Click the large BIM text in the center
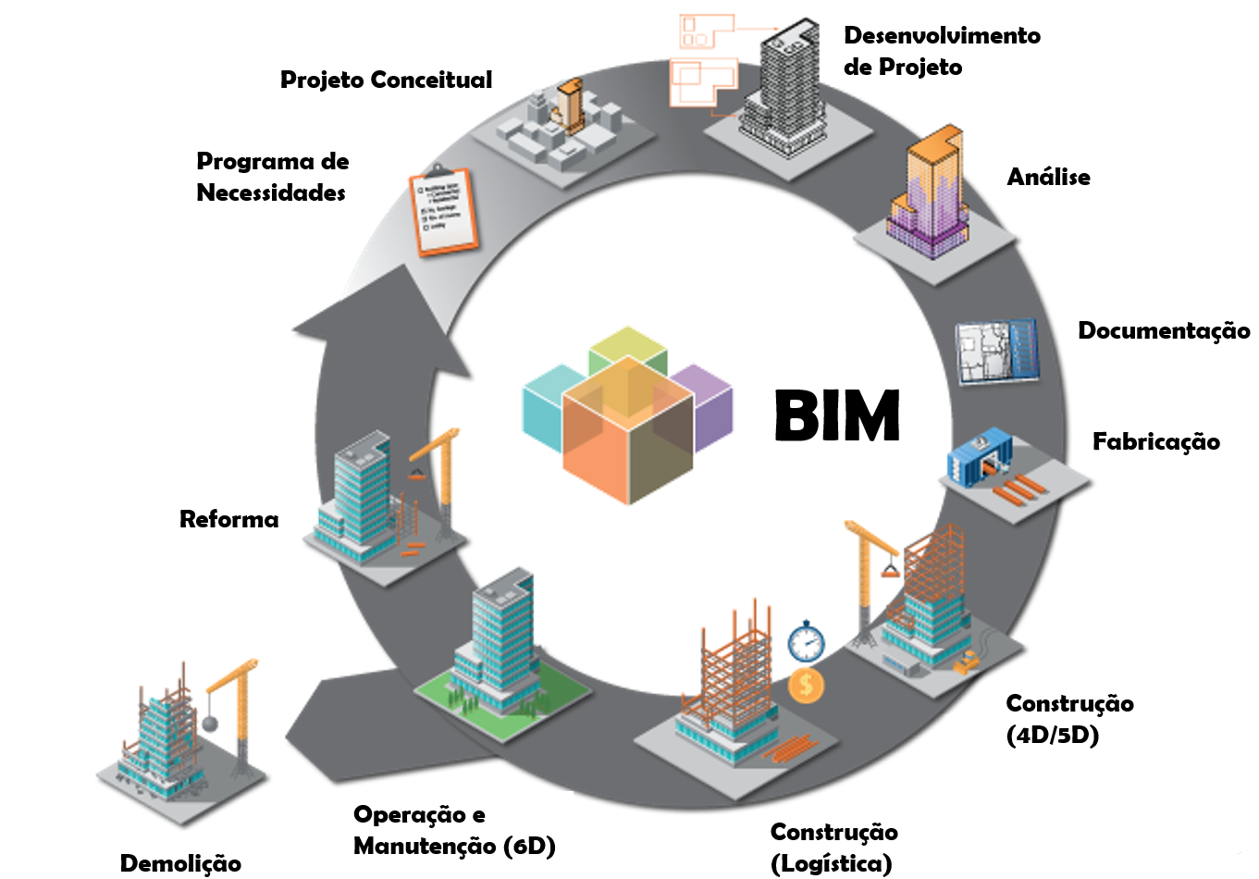coord(836,415)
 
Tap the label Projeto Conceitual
coord(386,80)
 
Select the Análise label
coord(1048,178)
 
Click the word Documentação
coord(1163,331)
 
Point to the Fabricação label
coord(1155,442)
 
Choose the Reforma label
coord(228,519)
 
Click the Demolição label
coord(180,863)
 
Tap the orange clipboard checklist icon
coord(444,211)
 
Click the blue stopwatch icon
coord(806,641)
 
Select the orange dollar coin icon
coord(806,686)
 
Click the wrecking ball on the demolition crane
coord(211,722)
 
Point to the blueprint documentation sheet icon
coord(995,351)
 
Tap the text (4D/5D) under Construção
coord(1052,736)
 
